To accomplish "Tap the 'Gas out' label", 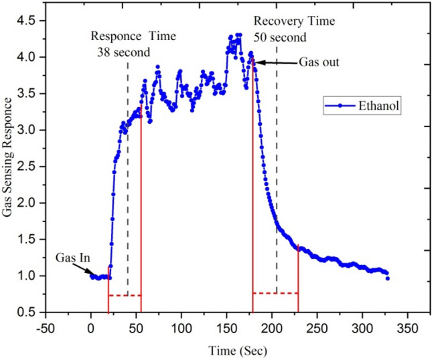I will (x=319, y=62).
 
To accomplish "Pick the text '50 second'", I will (x=280, y=37).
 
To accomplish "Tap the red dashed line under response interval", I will (x=125, y=295).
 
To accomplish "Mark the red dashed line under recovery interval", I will (x=275, y=293).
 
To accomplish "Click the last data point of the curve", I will (x=387, y=278).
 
